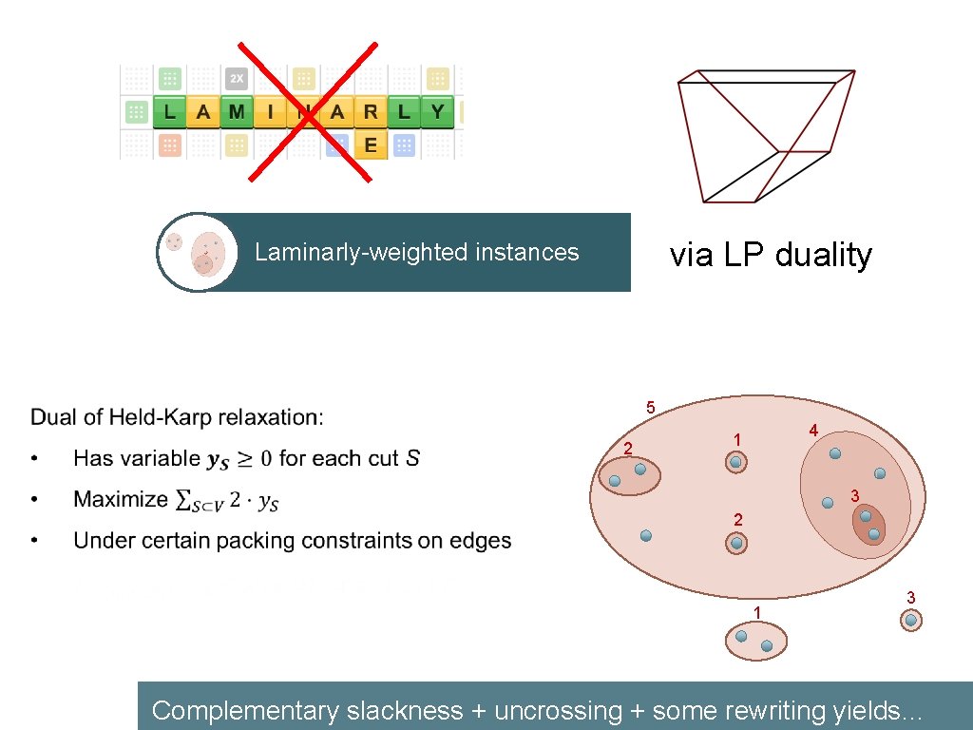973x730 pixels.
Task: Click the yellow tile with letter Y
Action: click(x=437, y=112)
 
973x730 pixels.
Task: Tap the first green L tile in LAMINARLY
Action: click(x=169, y=112)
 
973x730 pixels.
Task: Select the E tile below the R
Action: click(x=371, y=144)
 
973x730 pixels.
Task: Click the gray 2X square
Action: click(x=237, y=79)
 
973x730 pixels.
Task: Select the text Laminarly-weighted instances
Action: click(x=416, y=252)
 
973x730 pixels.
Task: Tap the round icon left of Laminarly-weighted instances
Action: click(x=198, y=252)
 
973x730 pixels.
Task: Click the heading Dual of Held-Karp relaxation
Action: click(x=177, y=416)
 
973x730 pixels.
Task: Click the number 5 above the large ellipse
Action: click(x=650, y=408)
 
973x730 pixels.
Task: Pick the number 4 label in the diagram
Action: click(x=813, y=431)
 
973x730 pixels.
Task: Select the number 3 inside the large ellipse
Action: click(x=854, y=495)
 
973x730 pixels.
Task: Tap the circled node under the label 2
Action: click(x=736, y=544)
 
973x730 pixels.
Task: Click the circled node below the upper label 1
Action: click(x=736, y=463)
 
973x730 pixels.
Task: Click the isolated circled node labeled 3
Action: click(x=910, y=621)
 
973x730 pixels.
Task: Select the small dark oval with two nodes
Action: click(x=868, y=525)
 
